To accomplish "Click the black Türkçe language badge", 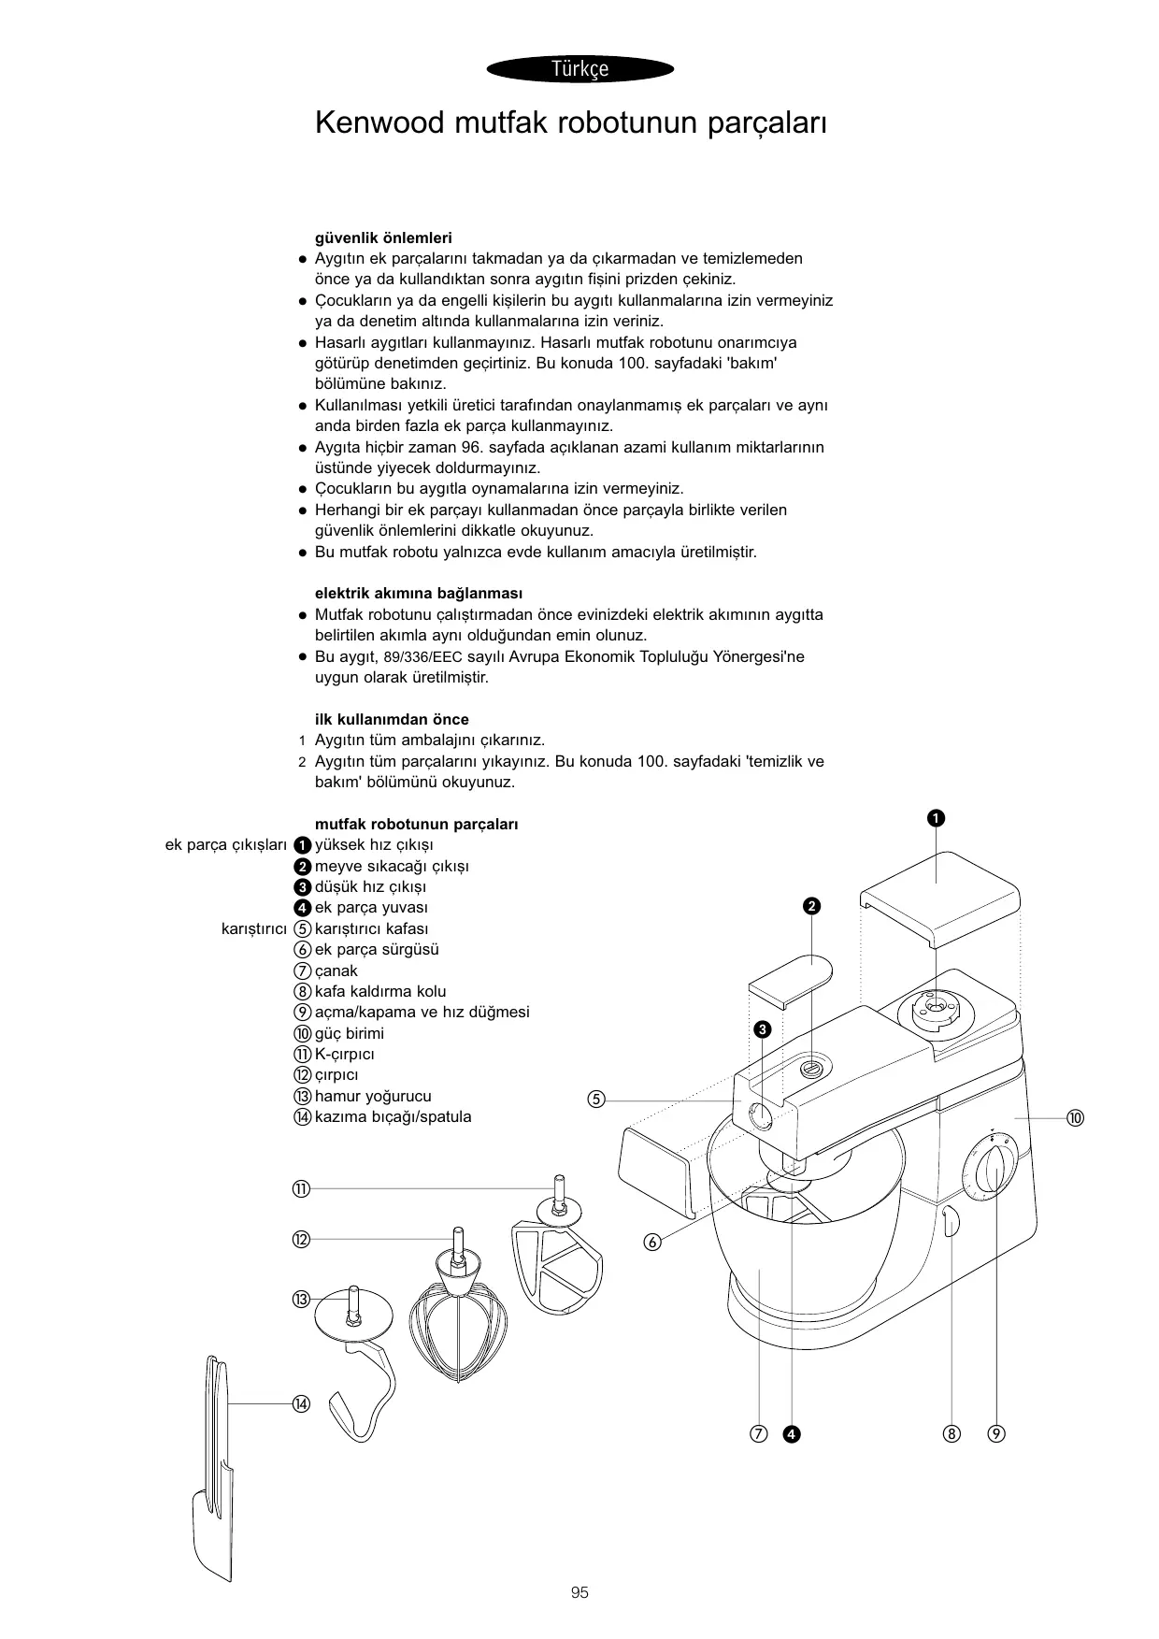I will pyautogui.click(x=579, y=68).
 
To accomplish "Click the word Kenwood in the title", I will pyautogui.click(x=379, y=122).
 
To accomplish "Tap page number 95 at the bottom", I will pyautogui.click(x=579, y=1592).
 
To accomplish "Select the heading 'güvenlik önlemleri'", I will pyautogui.click(x=383, y=237).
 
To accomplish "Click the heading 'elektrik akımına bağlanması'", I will pyautogui.click(x=419, y=594).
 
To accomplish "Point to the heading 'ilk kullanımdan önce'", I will pyautogui.click(x=392, y=719).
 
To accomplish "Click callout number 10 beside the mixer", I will pyautogui.click(x=1075, y=1118).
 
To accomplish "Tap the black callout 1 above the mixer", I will pyautogui.click(x=935, y=819).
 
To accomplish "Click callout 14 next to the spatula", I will pyautogui.click(x=300, y=1403).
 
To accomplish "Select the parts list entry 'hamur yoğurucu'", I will pyautogui.click(x=373, y=1096).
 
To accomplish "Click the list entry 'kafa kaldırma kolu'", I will pyautogui.click(x=380, y=991).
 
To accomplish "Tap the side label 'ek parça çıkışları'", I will pyautogui.click(x=225, y=844).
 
